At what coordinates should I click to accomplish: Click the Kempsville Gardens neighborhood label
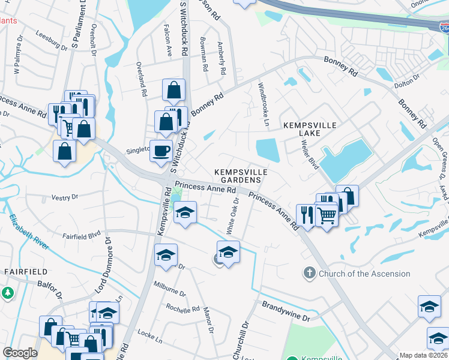click(240, 176)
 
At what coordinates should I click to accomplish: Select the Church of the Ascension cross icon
click(310, 273)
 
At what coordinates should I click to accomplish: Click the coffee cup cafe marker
click(161, 151)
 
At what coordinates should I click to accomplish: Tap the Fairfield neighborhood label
click(21, 271)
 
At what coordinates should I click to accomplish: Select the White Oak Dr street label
click(232, 216)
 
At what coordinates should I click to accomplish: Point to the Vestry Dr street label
click(65, 197)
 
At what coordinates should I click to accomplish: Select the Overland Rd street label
click(142, 79)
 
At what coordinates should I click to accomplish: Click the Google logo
click(20, 352)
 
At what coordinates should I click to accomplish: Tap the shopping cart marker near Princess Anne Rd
click(326, 215)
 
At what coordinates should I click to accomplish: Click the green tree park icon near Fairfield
click(7, 293)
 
